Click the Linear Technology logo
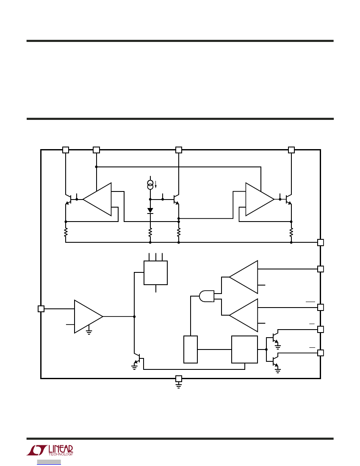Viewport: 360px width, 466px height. [x=50, y=450]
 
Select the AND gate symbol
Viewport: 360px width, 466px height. [x=207, y=296]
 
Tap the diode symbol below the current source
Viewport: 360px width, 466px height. [x=150, y=211]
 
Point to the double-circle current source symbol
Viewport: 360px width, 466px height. [x=150, y=185]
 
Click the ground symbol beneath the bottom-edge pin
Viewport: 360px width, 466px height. [x=178, y=386]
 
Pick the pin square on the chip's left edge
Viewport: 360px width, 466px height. [x=41, y=309]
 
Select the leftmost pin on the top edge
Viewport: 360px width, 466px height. [x=66, y=150]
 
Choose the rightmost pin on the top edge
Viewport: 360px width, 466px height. [x=291, y=150]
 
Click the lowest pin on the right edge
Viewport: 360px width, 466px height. [x=321, y=353]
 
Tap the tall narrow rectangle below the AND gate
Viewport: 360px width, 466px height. [x=191, y=349]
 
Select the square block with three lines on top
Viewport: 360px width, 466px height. [x=155, y=273]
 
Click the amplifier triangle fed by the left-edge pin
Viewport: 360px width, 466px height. [x=89, y=316]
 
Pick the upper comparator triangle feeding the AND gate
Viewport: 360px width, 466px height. [x=244, y=277]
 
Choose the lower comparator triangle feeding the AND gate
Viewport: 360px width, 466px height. [x=244, y=315]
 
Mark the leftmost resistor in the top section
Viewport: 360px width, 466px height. [x=66, y=232]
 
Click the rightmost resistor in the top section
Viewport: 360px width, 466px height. [x=291, y=232]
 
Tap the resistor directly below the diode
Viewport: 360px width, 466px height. [x=150, y=232]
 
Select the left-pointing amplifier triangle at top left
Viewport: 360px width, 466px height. [x=97, y=199]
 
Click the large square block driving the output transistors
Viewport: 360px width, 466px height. [x=244, y=349]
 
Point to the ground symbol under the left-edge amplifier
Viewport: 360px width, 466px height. [x=89, y=332]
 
